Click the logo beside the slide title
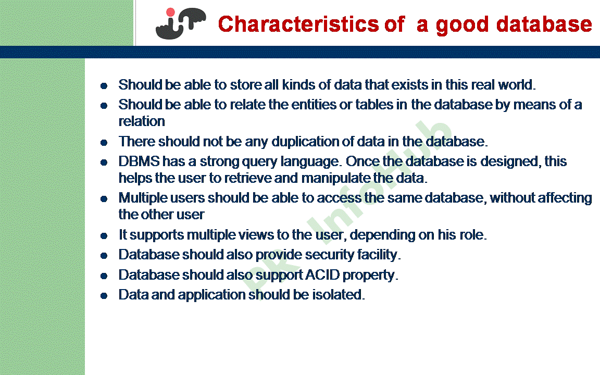coord(180,23)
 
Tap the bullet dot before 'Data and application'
coord(104,296)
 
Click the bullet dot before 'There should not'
coord(104,142)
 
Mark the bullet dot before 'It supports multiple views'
coord(104,236)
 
